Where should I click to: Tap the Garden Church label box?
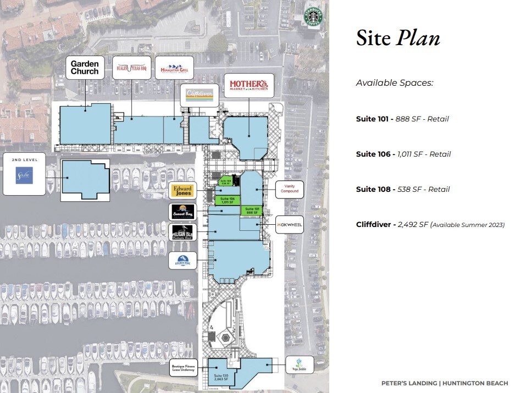pos(85,68)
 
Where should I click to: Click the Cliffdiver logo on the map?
pos(200,94)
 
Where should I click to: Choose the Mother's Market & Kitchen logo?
pos(251,85)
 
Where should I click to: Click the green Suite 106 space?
pos(227,200)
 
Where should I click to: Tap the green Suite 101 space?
pos(252,209)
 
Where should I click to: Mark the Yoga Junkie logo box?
pos(300,364)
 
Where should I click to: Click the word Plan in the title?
pos(419,38)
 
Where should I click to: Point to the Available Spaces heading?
pos(395,83)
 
